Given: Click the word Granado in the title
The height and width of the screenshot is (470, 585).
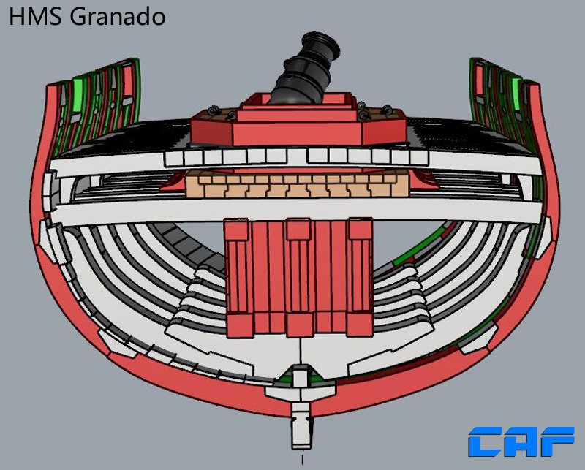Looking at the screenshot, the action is tap(118, 17).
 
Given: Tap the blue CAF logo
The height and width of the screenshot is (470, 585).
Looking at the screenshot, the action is tap(521, 441).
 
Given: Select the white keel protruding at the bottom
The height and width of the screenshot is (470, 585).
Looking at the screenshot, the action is tap(301, 425).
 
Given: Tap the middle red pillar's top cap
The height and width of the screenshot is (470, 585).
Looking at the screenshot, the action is tap(299, 228).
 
